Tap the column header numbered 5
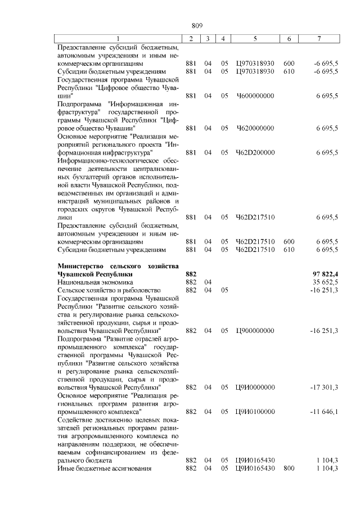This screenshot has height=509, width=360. click(255, 38)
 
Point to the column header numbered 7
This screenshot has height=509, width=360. click(319, 38)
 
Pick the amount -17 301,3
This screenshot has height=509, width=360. click(323, 387)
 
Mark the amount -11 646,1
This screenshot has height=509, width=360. click(323, 412)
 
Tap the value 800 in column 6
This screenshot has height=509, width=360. click(289, 469)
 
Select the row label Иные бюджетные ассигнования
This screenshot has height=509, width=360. click(105, 469)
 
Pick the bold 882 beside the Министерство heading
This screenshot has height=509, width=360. click(191, 273)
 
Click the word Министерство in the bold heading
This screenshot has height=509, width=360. click(85, 265)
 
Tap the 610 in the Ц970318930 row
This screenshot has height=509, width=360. click(289, 71)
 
